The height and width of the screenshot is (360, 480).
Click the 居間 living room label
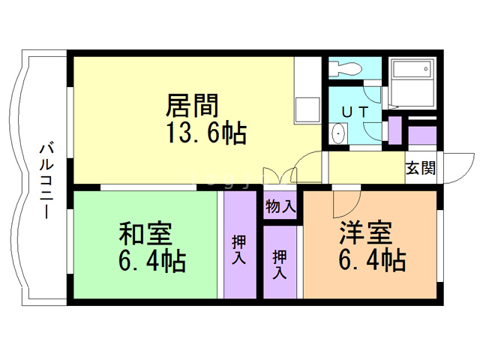tap(192, 106)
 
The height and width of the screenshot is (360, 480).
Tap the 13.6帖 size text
tap(206, 133)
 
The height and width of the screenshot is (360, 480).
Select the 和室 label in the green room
tap(145, 234)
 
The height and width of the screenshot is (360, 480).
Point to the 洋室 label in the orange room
tap(366, 232)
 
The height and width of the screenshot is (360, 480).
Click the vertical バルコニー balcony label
tap(46, 181)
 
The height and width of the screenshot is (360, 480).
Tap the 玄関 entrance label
tap(421, 168)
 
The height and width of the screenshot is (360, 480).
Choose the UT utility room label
tap(355, 112)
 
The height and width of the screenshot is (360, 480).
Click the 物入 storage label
tap(280, 206)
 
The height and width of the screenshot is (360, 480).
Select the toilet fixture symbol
tap(345, 68)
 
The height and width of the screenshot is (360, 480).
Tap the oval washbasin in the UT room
tap(338, 133)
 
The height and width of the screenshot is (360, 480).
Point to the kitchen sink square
tap(307, 109)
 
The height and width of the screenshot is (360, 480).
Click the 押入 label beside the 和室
tap(239, 249)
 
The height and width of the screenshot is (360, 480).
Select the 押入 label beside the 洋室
tap(280, 264)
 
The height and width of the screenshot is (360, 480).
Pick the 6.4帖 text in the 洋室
tap(372, 259)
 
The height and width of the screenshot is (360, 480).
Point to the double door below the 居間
tap(279, 175)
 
